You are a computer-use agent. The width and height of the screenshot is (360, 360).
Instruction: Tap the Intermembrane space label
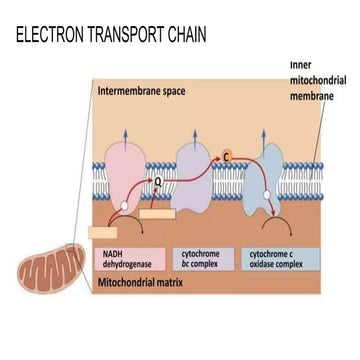click(x=140, y=91)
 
